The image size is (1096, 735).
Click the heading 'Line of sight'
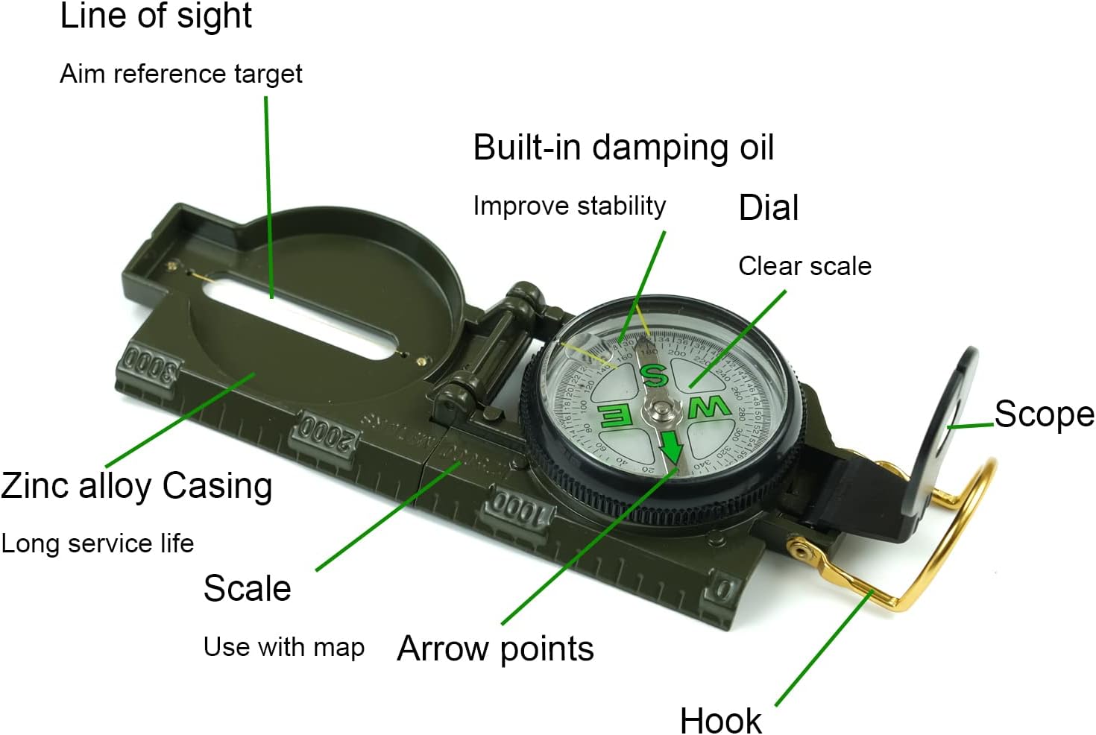(x=156, y=17)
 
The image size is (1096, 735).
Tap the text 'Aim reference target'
(x=181, y=74)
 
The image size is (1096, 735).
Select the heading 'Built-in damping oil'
(x=623, y=148)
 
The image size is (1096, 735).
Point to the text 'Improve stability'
(x=570, y=206)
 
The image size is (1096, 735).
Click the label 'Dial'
(x=769, y=208)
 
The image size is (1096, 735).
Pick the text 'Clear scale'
(x=804, y=266)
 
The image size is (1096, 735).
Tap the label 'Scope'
(x=1044, y=414)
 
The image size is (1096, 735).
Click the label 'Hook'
(x=720, y=720)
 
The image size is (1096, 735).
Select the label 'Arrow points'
(x=496, y=649)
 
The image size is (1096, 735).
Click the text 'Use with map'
(x=284, y=647)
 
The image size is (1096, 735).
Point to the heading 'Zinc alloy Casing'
(x=137, y=486)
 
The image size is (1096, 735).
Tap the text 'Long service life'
(x=98, y=543)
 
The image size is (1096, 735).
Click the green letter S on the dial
(x=654, y=376)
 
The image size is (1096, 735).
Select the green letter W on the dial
(x=708, y=408)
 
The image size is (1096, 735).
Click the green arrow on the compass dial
(x=671, y=447)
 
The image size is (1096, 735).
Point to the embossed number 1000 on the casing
(x=520, y=508)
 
